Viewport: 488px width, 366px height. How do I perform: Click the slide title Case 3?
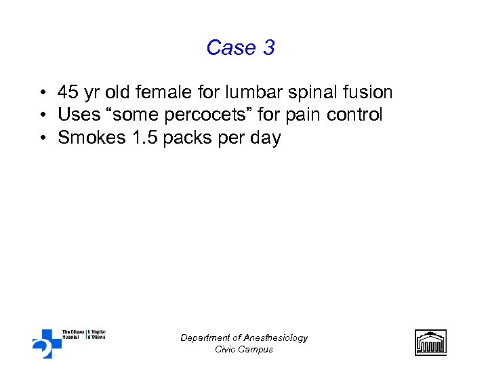point(241,47)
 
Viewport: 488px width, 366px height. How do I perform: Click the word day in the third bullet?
point(266,138)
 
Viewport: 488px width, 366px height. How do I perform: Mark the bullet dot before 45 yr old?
point(43,92)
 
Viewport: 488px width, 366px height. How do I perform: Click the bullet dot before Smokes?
point(43,138)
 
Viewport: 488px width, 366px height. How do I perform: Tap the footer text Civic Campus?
point(244,349)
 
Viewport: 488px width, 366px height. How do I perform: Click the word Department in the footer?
point(205,338)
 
